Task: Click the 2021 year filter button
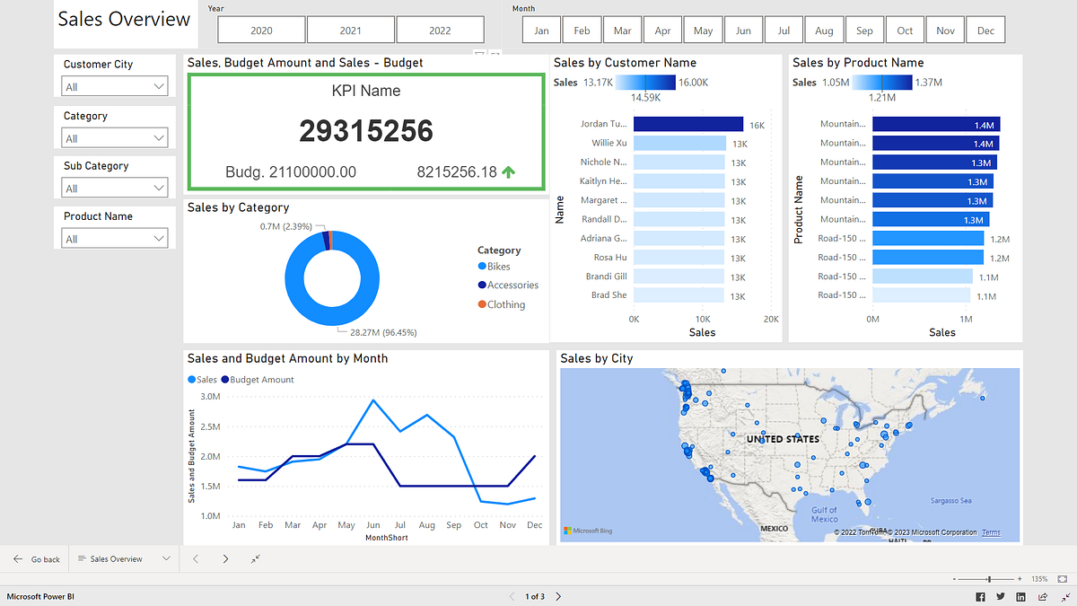351,31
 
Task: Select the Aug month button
824,31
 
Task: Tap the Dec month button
985,31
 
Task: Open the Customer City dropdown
115,87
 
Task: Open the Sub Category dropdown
115,189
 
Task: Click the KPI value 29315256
366,131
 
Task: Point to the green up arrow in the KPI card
509,172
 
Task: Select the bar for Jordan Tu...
688,124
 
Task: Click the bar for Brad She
679,295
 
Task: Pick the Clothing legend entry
505,304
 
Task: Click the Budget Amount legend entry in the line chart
261,380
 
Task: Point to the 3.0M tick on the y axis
211,396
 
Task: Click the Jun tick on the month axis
373,525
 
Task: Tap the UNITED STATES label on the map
783,439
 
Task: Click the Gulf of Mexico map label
824,514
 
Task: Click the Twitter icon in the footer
1001,597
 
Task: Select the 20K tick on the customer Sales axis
770,319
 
